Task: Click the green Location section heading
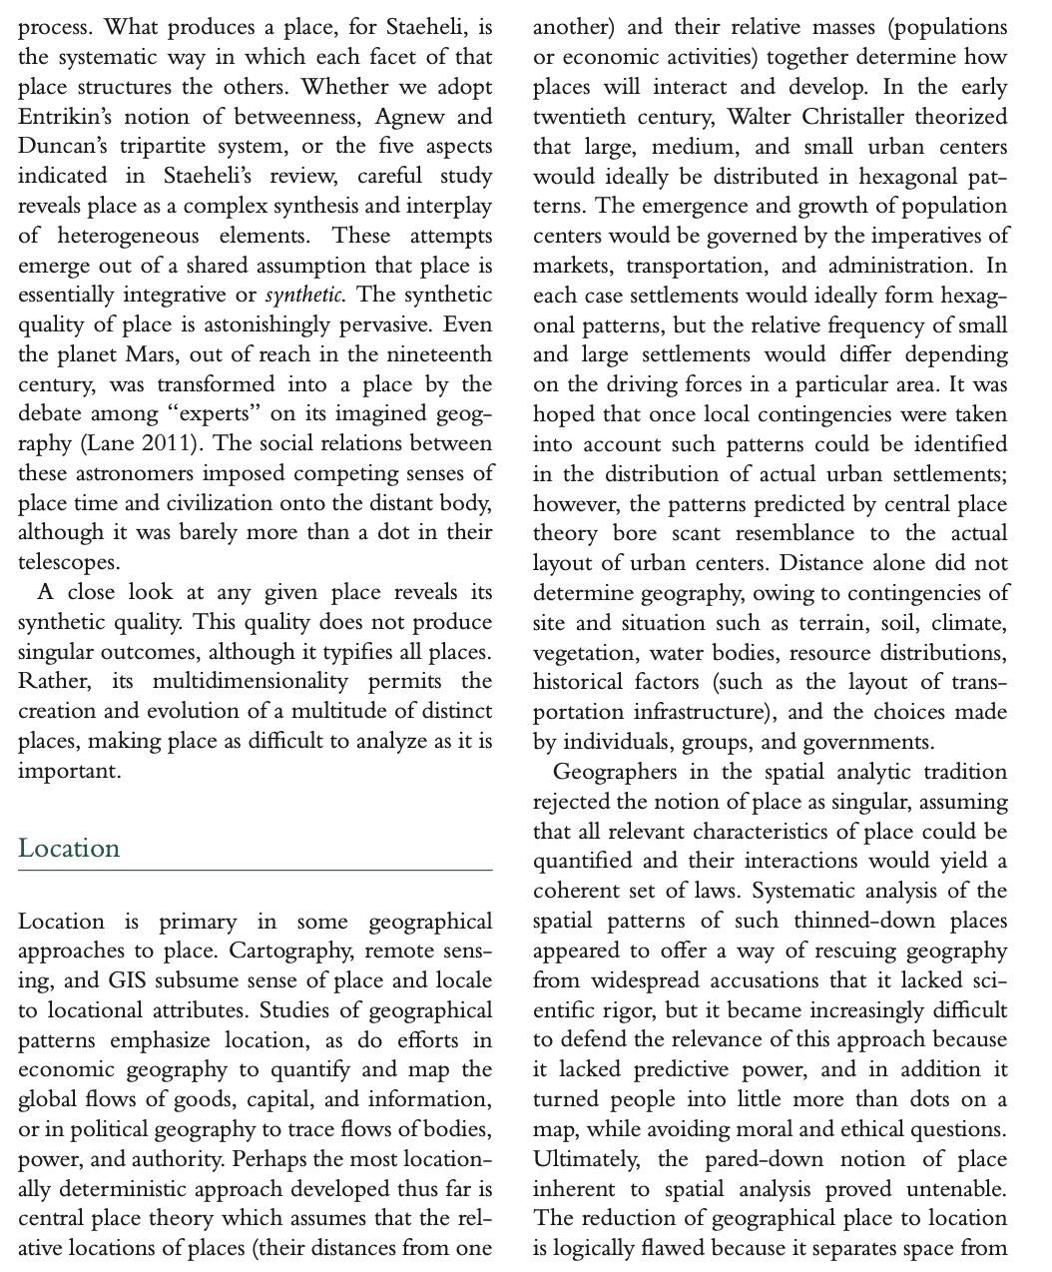tap(69, 849)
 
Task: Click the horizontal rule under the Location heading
tap(256, 871)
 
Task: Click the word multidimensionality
tap(251, 682)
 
